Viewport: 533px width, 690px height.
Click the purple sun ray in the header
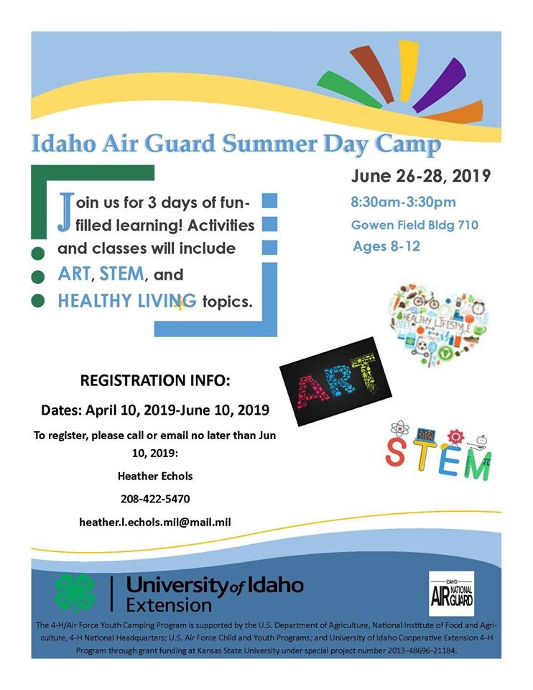[440, 85]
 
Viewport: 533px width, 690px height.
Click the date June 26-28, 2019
[421, 176]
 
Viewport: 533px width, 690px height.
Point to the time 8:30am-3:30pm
[403, 202]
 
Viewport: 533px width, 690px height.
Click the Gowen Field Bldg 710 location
[414, 225]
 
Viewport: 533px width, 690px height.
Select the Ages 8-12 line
[386, 246]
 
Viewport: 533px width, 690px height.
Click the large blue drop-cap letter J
[65, 212]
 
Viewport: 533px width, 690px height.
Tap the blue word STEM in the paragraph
[122, 274]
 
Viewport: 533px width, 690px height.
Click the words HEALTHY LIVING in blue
[127, 301]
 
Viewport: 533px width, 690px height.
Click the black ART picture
[335, 382]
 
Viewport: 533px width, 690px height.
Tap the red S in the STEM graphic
[395, 451]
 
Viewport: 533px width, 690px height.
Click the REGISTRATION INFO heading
[155, 380]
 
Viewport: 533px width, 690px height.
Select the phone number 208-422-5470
[155, 499]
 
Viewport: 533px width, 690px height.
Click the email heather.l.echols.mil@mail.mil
[154, 522]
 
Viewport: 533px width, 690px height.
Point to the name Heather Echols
[155, 476]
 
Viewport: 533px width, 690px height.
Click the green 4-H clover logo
[74, 593]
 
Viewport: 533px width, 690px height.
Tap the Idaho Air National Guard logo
[452, 594]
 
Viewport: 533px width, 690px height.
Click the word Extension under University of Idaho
[169, 605]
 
